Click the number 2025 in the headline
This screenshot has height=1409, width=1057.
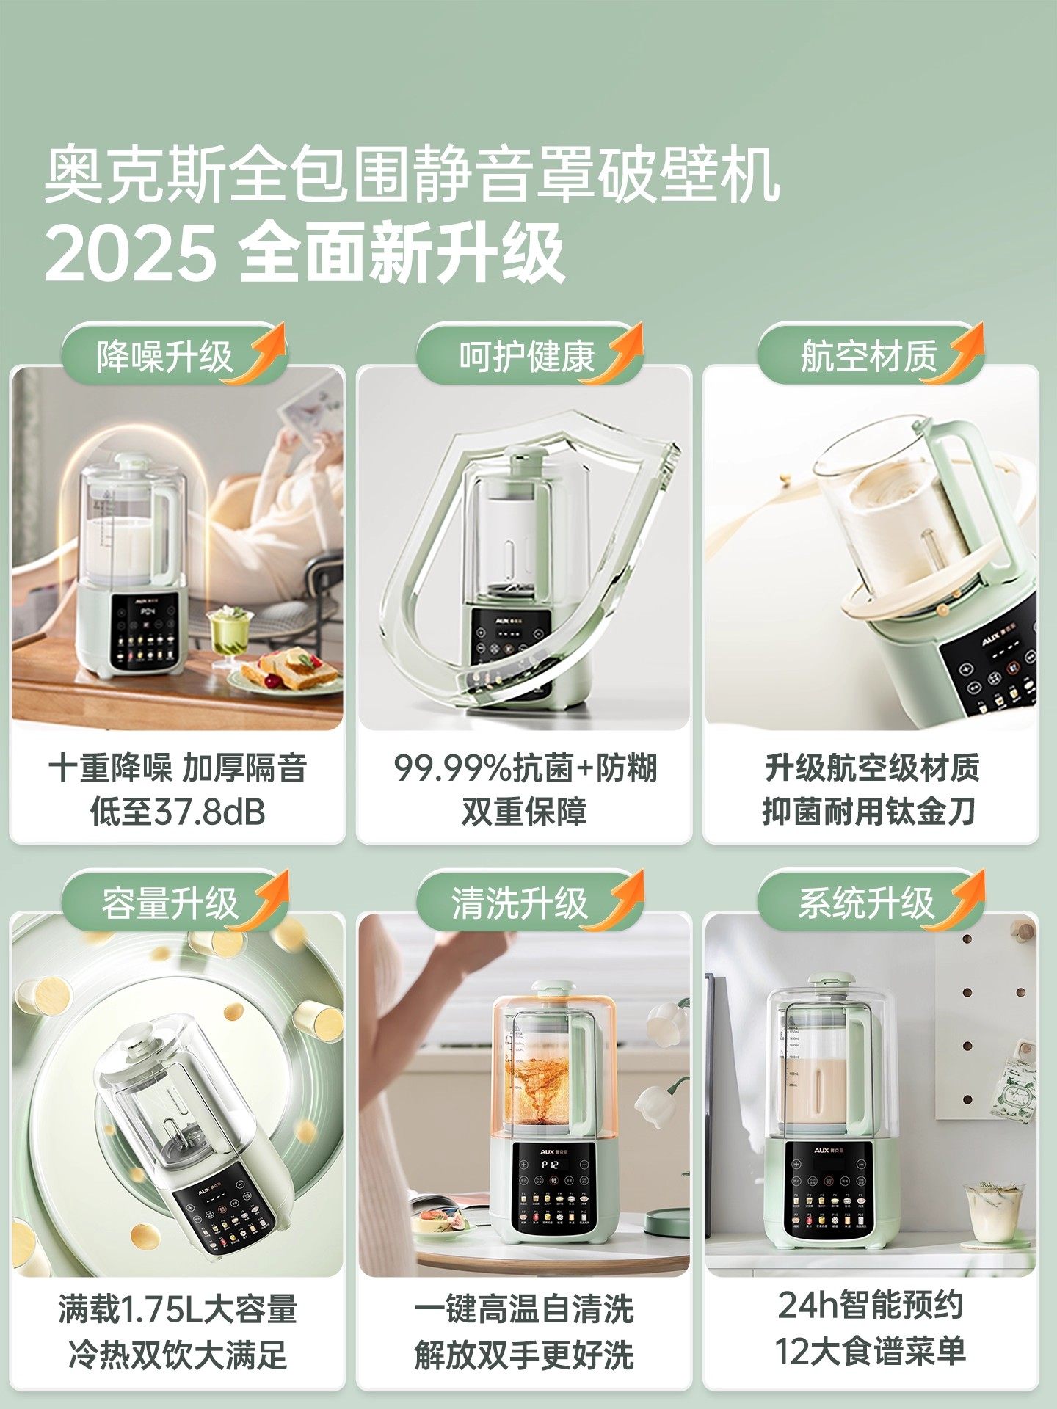[131, 253]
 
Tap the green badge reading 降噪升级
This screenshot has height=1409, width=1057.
[165, 357]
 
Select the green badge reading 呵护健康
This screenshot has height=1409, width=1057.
[525, 357]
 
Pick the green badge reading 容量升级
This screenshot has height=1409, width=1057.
[169, 903]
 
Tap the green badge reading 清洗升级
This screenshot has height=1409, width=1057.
[520, 903]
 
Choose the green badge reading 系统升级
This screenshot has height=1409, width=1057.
[866, 903]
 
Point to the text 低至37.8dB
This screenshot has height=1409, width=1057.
[177, 812]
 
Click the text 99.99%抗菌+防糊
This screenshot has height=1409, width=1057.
[525, 768]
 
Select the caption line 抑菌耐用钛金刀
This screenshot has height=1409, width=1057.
[870, 812]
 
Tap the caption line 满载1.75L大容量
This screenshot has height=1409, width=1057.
[177, 1310]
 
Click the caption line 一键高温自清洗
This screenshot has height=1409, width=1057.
[524, 1310]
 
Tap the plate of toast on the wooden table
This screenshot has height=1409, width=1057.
[290, 671]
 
